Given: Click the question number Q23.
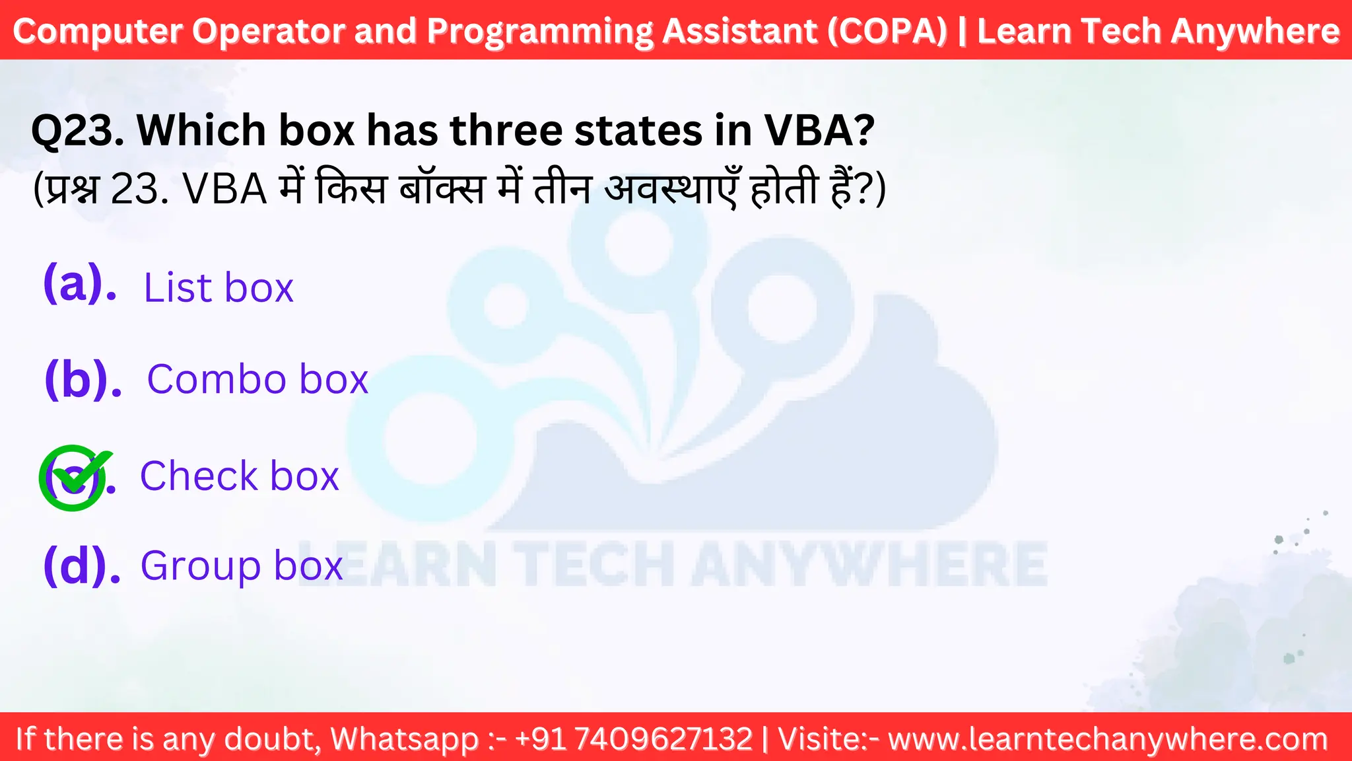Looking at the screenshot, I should pyautogui.click(x=78, y=130).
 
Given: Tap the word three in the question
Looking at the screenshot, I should pyautogui.click(x=506, y=130).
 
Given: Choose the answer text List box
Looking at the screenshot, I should pyautogui.click(x=219, y=288).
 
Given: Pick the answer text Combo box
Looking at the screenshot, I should pyautogui.click(x=257, y=379).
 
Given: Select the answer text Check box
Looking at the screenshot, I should pyautogui.click(x=240, y=476).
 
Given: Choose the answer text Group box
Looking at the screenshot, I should pyautogui.click(x=242, y=566).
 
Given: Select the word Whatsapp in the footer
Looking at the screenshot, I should pyautogui.click(x=405, y=739).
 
